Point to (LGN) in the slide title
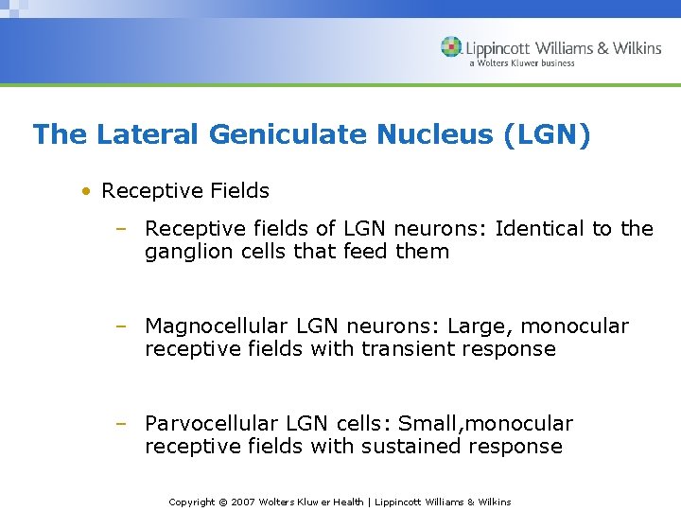click(548, 134)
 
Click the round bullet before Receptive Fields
click(86, 191)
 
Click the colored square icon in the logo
click(452, 46)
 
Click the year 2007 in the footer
click(244, 502)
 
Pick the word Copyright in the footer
click(192, 502)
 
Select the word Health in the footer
click(346, 502)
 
